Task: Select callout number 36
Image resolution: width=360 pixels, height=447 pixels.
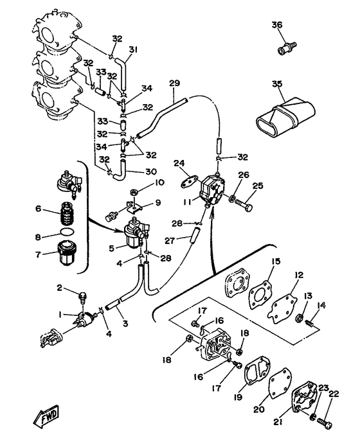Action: click(x=276, y=25)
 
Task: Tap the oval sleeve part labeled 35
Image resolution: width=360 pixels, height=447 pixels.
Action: click(x=285, y=118)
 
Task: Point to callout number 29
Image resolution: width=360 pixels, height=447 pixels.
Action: click(x=175, y=83)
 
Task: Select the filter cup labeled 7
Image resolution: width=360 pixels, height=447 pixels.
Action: click(x=68, y=253)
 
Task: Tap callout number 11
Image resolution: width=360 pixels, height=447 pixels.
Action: click(x=187, y=202)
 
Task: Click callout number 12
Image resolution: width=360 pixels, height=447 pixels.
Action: click(x=299, y=275)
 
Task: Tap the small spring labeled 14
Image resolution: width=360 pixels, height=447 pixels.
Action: click(x=309, y=324)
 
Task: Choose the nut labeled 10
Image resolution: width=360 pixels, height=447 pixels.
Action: click(x=134, y=193)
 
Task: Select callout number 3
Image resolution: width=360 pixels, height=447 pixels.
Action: click(x=125, y=324)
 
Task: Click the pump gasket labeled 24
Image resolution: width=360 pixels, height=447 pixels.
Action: click(x=189, y=182)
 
